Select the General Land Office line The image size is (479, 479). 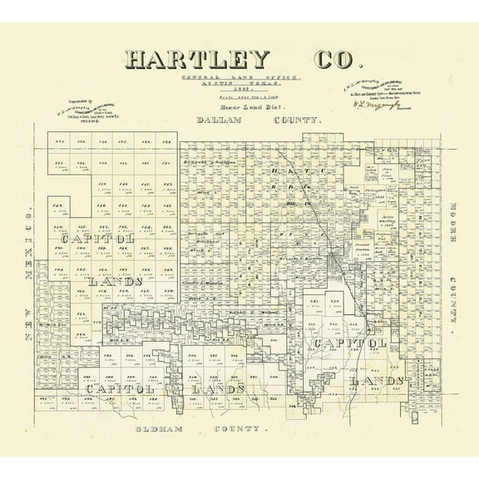239,77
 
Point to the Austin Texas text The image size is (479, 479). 240,85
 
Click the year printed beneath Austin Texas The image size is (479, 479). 240,92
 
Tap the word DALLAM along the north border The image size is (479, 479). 218,121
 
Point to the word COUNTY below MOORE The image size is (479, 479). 453,295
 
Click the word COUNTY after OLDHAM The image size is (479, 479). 239,430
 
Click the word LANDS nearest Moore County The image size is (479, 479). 378,381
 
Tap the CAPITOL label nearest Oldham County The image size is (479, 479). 116,389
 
